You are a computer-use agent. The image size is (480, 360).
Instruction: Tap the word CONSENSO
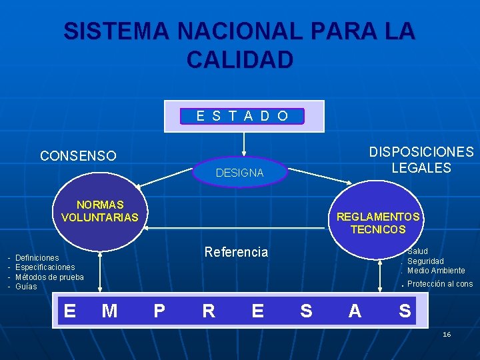coord(78,156)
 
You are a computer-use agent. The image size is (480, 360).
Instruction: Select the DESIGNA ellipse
coord(240,173)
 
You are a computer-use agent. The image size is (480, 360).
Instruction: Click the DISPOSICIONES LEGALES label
coord(421,160)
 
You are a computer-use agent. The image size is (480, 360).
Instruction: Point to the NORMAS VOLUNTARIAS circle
coord(99,211)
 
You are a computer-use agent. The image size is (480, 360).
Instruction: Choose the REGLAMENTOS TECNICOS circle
coord(378,223)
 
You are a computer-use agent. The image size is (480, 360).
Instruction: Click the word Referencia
coord(236,252)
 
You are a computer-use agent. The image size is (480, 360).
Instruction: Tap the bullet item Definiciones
coord(37,257)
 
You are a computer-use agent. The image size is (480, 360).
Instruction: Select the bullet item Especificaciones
coord(45,267)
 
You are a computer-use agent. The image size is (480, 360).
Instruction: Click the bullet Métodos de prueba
coord(49,277)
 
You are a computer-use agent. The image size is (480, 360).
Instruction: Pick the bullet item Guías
coord(26,287)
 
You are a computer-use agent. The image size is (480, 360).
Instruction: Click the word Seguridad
coord(425,261)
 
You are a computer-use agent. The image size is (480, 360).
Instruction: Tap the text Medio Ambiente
coord(436,271)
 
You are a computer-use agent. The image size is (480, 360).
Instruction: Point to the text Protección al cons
coord(440,284)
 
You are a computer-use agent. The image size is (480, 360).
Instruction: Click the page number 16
coord(447,334)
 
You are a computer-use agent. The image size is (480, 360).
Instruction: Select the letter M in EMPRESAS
coord(109,311)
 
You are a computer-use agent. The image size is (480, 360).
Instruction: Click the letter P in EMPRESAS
coord(159,311)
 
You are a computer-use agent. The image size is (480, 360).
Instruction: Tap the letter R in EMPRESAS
coord(208,311)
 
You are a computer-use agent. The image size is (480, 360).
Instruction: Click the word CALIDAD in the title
coord(240,59)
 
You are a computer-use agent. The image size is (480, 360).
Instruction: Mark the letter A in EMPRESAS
coord(355,311)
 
